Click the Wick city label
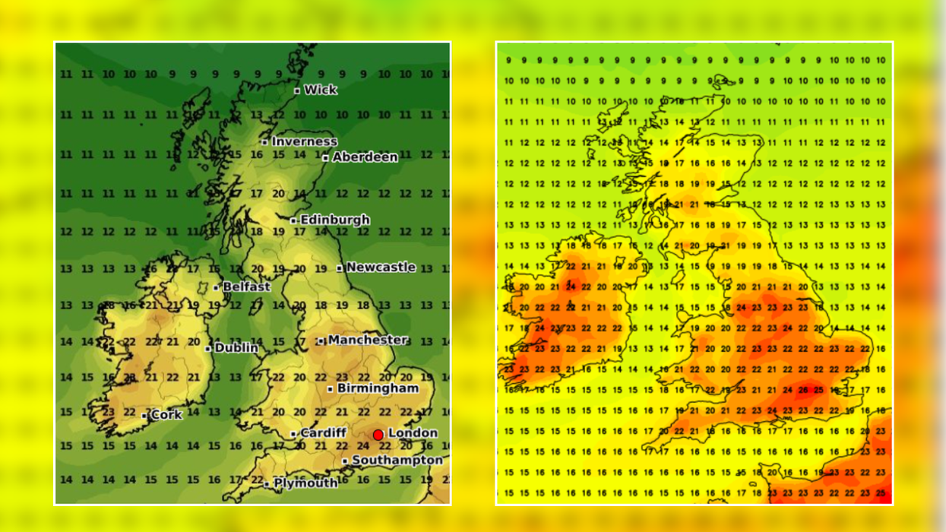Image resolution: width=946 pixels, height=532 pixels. coord(320,90)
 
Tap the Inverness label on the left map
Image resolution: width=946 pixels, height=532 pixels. coord(304,141)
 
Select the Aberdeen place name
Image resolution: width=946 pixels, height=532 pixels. coord(365,157)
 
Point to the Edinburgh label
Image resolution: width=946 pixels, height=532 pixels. coord(335,220)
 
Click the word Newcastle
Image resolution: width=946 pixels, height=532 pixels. coord(381,268)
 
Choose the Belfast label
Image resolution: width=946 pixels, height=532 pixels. coord(246,287)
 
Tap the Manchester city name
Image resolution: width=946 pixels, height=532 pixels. coord(368,340)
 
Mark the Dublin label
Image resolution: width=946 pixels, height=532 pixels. coord(236,348)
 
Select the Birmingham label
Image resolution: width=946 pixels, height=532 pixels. coord(378,388)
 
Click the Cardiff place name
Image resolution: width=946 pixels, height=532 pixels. coord(323,433)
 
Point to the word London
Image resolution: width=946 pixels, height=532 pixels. coord(413,433)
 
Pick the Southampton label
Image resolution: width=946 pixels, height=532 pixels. coord(397,461)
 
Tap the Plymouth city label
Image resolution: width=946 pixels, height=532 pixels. coord(305,483)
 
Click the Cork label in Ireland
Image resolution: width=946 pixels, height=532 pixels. coord(166,415)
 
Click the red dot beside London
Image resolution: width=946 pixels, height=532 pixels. coord(378,435)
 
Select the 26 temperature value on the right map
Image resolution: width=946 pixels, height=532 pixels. coord(803,390)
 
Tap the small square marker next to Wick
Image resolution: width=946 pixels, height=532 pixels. coord(297,90)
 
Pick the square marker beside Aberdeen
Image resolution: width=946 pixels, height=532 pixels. coord(325,158)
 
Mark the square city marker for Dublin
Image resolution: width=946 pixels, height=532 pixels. coord(208,349)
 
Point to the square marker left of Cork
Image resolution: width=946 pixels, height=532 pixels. coord(144,416)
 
